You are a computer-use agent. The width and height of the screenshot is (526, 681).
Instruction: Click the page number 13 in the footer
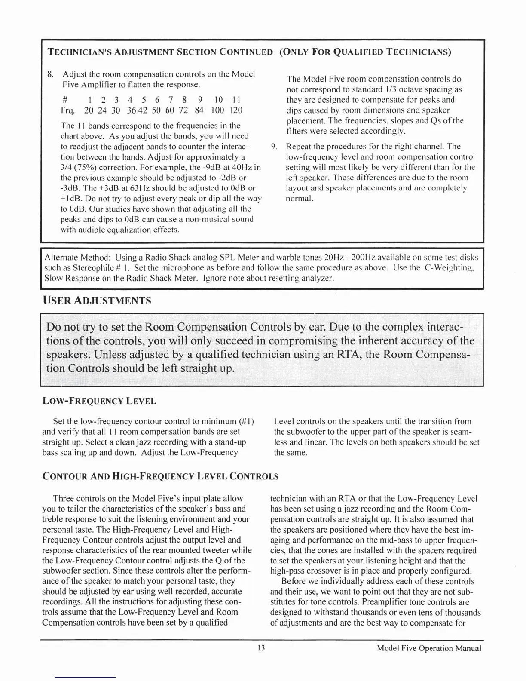click(x=260, y=648)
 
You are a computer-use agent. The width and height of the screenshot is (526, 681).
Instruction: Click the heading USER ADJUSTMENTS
click(x=97, y=300)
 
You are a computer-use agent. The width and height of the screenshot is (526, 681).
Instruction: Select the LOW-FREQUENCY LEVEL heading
click(x=99, y=402)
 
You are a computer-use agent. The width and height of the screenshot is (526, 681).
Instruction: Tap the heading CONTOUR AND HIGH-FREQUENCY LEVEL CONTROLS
click(x=160, y=476)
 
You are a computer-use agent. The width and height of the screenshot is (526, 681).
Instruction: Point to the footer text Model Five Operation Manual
click(x=428, y=648)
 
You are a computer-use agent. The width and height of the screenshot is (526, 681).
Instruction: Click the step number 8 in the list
click(x=50, y=74)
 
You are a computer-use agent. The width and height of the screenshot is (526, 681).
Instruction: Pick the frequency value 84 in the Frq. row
click(x=199, y=110)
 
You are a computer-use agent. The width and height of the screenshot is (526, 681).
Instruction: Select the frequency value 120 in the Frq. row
click(x=235, y=110)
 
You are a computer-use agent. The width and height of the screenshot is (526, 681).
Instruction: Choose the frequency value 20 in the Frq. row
click(x=89, y=110)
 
